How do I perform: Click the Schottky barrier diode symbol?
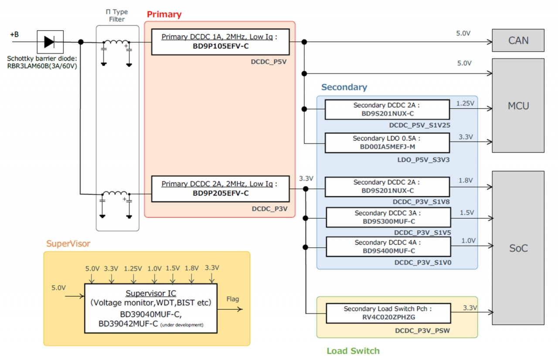click(50, 42)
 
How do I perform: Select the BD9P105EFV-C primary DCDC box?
click(220, 42)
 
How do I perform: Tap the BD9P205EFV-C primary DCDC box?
click(220, 189)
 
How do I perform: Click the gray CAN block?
click(518, 41)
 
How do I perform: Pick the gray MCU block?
click(518, 105)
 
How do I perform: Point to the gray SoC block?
click(518, 248)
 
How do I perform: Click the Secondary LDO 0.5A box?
click(387, 143)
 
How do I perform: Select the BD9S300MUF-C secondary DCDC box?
click(388, 217)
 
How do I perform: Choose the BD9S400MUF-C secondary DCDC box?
click(388, 247)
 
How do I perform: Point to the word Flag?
click(233, 299)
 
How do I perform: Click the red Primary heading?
click(164, 14)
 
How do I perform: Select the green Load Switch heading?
click(353, 351)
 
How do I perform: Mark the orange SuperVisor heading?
click(68, 244)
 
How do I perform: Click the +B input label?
click(14, 34)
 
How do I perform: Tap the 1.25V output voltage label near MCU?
click(465, 103)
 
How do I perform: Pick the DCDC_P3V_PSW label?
click(422, 331)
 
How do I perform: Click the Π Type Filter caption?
click(117, 16)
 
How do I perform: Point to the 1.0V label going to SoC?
click(469, 240)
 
